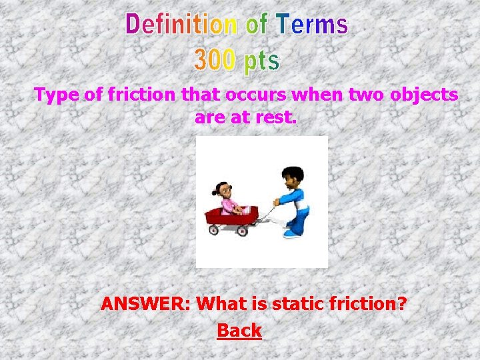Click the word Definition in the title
181,25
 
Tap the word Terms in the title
313,25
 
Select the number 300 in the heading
215,60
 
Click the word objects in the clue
424,95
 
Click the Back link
239,330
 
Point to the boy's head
291,177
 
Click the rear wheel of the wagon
214,230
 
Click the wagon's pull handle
267,213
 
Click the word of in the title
257,25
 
